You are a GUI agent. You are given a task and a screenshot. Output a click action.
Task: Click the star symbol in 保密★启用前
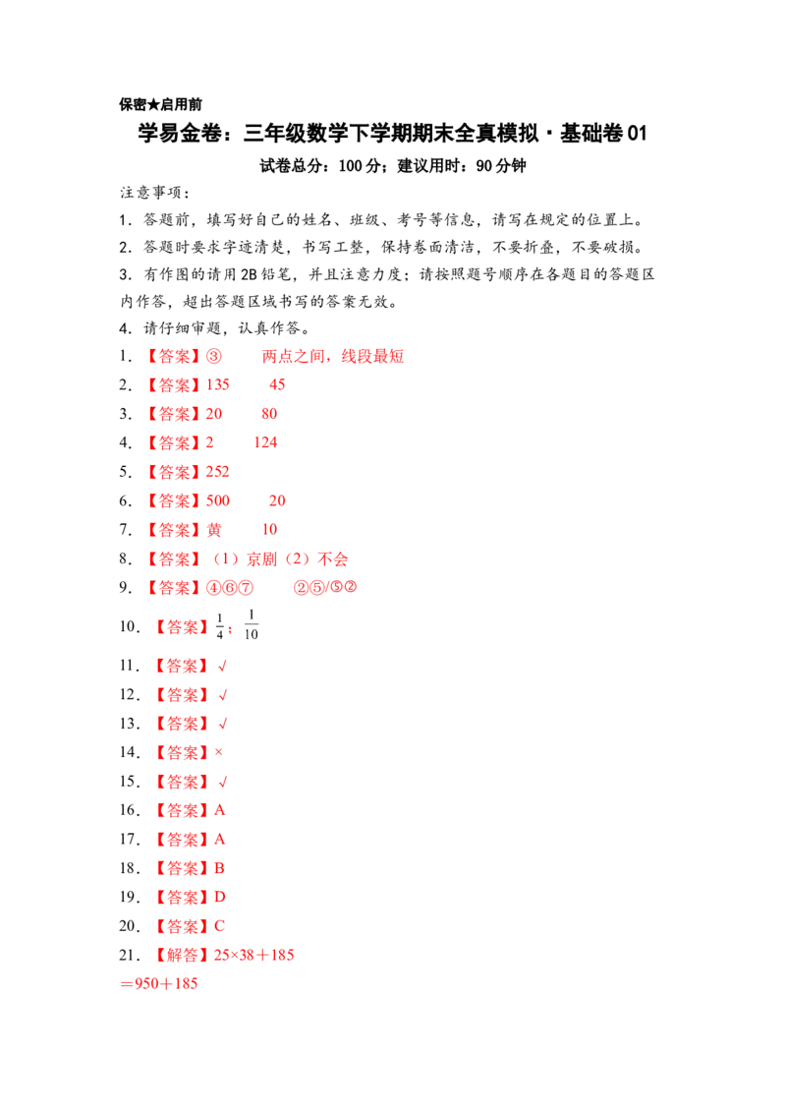(153, 104)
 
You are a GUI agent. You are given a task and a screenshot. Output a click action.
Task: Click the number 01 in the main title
(637, 133)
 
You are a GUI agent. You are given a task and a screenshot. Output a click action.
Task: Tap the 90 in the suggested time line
(483, 166)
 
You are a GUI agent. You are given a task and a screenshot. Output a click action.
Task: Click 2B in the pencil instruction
(249, 274)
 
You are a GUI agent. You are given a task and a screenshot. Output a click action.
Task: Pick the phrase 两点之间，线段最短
(333, 356)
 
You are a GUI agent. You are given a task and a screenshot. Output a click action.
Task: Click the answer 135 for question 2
(218, 384)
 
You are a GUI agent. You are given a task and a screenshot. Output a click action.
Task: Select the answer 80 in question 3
(269, 414)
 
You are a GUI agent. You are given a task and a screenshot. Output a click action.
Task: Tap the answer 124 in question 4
(265, 442)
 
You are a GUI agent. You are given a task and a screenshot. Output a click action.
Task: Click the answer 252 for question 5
(218, 472)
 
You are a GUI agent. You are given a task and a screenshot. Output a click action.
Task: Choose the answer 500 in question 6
(218, 501)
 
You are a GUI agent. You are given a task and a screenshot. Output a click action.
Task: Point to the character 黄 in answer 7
(214, 530)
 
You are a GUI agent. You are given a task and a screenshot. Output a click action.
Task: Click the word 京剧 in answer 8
(261, 559)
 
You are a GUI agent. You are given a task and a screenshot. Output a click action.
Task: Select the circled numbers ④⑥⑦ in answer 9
(229, 588)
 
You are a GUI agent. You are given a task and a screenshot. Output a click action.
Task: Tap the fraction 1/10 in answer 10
(252, 624)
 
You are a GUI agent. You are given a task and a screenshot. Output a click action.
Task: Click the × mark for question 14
(218, 752)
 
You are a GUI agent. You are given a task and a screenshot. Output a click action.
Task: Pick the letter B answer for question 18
(219, 868)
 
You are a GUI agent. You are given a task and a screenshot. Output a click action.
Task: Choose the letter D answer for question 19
(220, 898)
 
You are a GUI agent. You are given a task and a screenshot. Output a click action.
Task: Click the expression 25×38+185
(253, 956)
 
